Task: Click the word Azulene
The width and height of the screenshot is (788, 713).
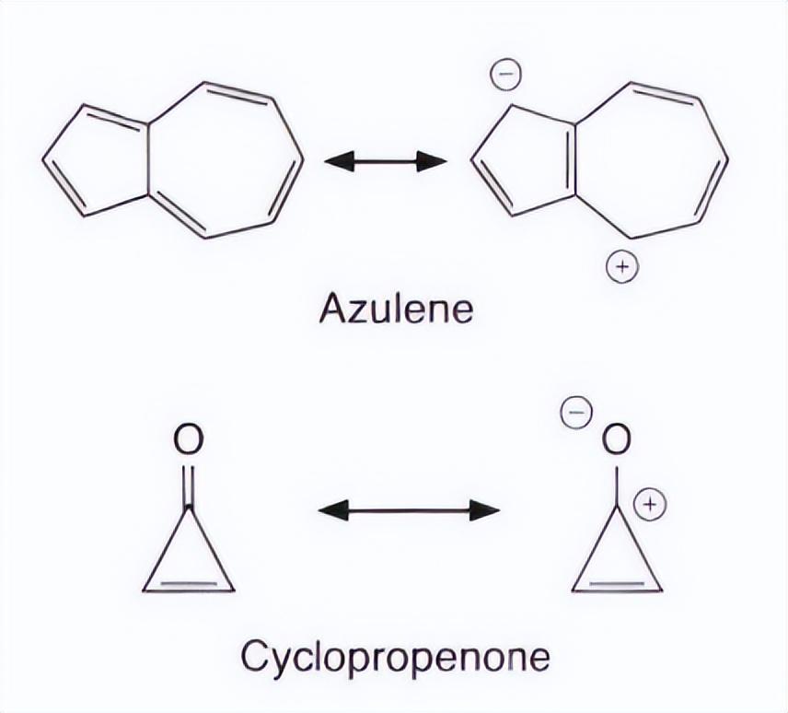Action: pyautogui.click(x=396, y=310)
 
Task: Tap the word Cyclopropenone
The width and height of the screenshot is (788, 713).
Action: pyautogui.click(x=395, y=658)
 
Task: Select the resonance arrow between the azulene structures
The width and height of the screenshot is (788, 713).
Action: pyautogui.click(x=386, y=162)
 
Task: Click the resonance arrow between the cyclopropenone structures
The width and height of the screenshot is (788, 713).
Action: pyautogui.click(x=409, y=509)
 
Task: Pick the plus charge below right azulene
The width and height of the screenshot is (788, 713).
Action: pyautogui.click(x=621, y=268)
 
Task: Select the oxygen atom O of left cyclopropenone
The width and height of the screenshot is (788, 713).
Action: pyautogui.click(x=188, y=440)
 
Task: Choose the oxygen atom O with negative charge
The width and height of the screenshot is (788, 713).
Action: pyautogui.click(x=617, y=440)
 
